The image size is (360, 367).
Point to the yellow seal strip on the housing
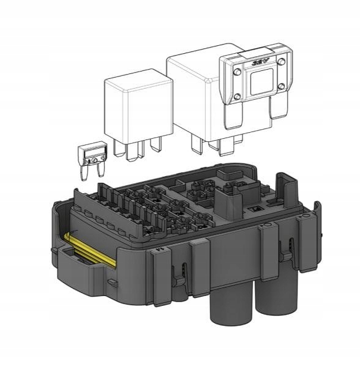pos(89,251)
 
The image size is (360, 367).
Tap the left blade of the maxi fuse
pos(233,117)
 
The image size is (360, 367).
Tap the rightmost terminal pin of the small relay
pos(157,143)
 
